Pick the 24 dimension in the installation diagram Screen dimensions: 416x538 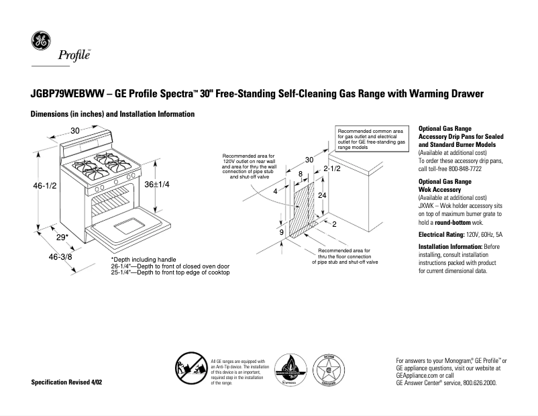point(322,195)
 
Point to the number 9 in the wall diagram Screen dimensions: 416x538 point(282,232)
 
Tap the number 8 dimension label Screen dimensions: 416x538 point(300,174)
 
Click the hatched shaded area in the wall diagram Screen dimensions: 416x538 point(306,208)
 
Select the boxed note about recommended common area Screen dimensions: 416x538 point(370,139)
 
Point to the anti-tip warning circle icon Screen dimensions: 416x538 point(189,371)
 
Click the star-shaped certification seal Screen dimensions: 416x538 point(330,370)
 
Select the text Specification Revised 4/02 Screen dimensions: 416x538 point(67,382)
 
